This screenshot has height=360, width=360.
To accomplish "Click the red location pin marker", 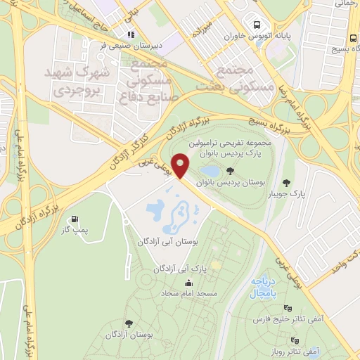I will click(181, 166).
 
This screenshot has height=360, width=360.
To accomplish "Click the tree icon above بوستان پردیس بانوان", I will click(231, 171).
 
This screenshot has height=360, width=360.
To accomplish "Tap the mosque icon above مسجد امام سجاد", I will click(188, 283).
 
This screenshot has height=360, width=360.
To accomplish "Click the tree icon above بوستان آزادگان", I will click(129, 323).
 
